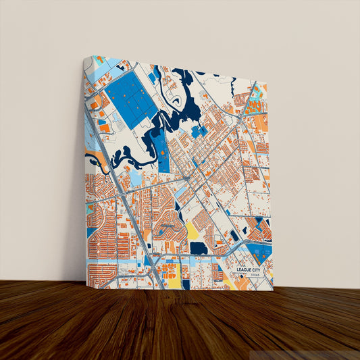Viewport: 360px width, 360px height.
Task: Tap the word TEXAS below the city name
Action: point(254,276)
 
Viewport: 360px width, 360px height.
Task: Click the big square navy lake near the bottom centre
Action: point(198,248)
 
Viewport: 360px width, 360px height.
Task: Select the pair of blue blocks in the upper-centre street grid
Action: point(197,131)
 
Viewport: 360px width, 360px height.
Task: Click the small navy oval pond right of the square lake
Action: point(234,235)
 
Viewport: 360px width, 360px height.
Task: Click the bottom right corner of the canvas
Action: point(274,290)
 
